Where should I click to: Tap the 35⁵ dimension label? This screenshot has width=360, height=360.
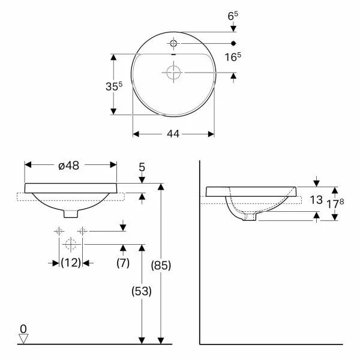tap(97, 86)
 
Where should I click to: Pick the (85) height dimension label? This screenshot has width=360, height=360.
tap(161, 265)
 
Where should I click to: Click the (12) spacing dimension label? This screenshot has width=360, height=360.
tap(71, 262)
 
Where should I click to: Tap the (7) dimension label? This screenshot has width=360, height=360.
tap(124, 262)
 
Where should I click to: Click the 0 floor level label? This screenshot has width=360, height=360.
tap(23, 329)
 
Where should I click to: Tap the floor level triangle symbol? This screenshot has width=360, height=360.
tap(23, 338)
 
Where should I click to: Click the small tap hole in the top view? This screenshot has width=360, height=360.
tap(173, 43)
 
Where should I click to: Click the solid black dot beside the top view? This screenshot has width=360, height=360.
tap(233, 43)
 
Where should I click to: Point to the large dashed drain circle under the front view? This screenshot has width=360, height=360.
tap(71, 244)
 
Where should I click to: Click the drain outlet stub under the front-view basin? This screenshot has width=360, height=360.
tap(71, 212)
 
